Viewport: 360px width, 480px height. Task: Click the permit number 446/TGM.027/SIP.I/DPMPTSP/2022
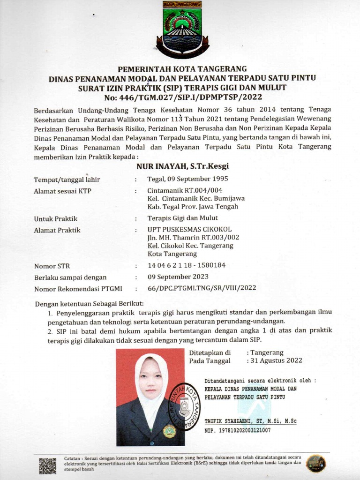183,97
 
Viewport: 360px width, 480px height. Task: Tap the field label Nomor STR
52,266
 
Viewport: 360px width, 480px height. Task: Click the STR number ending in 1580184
187,265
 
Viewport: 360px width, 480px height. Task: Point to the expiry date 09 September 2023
178,277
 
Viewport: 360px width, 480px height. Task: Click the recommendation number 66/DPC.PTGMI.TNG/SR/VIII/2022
202,288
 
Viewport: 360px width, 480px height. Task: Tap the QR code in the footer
47,465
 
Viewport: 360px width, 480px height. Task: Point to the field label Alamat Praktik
57,230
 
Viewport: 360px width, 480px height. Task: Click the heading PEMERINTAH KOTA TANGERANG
182,69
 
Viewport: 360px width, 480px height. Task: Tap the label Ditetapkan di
210,352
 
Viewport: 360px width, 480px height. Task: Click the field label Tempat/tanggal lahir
67,180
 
